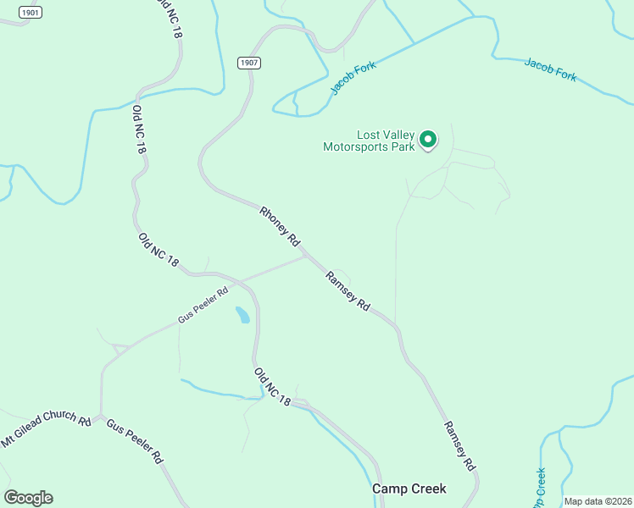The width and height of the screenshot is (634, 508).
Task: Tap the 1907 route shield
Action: pos(248,63)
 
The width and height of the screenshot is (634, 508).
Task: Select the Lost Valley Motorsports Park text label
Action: pos(369,141)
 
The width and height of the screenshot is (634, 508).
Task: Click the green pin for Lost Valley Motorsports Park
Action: pos(429,139)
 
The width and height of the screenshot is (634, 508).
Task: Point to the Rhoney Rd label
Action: pos(281,227)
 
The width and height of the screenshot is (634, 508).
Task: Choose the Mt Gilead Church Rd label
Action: pos(46,430)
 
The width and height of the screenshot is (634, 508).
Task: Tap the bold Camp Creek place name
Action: pos(409,489)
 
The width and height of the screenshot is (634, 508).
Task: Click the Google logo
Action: pos(28,498)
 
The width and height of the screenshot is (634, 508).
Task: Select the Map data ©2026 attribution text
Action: pos(598,501)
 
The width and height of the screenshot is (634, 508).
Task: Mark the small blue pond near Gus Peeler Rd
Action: pos(242,315)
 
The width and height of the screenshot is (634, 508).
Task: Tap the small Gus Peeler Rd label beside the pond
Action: pos(203,306)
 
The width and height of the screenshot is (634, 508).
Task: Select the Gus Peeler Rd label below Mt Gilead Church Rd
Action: pos(134,441)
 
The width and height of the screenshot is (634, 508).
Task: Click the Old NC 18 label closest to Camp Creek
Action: pos(272,388)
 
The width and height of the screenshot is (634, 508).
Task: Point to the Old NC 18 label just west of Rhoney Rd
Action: pos(158,251)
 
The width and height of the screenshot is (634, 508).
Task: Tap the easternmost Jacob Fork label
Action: pos(550,69)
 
